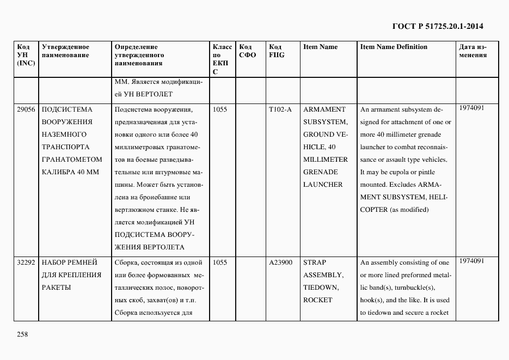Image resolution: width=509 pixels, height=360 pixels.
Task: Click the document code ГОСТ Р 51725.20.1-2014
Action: click(438, 26)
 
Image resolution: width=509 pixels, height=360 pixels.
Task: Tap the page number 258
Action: click(22, 334)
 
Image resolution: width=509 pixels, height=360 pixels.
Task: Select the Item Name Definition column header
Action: click(394, 47)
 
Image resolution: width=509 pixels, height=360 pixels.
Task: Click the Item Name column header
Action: click(320, 47)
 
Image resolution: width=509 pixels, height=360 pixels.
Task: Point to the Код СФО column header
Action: click(248, 51)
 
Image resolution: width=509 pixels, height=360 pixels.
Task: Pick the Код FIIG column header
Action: click(277, 51)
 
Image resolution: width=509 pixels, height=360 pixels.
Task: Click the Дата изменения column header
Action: click(473, 51)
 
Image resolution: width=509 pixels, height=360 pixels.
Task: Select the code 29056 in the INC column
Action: click(26, 109)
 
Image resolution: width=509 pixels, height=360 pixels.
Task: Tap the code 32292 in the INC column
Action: click(26, 263)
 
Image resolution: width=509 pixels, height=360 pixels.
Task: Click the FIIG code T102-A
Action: click(280, 109)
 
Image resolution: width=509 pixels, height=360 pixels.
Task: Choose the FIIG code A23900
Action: click(281, 263)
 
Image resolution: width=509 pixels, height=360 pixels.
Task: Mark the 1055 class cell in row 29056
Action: click(220, 109)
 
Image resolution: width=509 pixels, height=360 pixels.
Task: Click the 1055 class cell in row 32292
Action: click(220, 263)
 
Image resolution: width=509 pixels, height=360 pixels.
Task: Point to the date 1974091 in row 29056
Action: click(471, 108)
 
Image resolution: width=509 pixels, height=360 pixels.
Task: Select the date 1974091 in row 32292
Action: click(471, 261)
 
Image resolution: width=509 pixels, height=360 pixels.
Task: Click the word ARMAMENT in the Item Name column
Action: click(324, 109)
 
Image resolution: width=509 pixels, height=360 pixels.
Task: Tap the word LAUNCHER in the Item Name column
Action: click(323, 185)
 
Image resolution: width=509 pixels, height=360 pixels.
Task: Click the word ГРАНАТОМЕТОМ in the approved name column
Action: click(72, 160)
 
